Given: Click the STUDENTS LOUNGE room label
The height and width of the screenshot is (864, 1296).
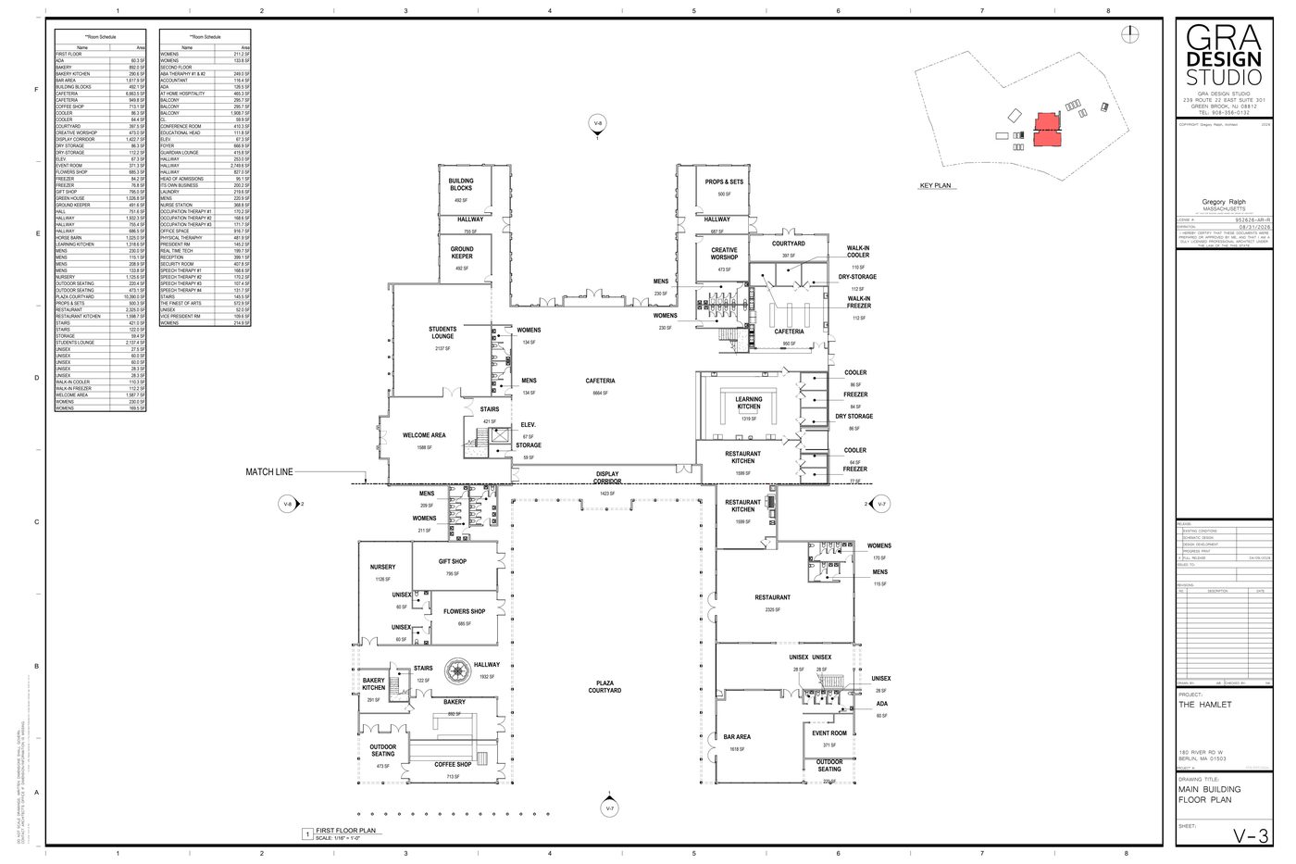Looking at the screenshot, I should (x=442, y=332).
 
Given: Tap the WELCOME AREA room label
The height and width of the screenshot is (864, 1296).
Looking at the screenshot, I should (x=424, y=435).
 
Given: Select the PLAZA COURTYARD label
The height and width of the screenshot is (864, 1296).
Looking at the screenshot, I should (x=607, y=687).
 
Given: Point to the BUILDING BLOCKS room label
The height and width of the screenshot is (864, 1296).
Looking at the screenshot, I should (x=462, y=183).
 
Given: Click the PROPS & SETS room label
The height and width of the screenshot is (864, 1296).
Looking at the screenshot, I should (x=724, y=182).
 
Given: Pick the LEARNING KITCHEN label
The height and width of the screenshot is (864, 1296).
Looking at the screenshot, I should (x=749, y=404).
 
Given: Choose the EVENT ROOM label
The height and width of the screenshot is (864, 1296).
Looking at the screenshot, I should (x=829, y=733).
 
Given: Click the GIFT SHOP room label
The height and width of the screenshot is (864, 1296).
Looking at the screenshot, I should (x=453, y=562).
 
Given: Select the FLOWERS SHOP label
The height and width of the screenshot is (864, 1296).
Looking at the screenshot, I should (x=464, y=611).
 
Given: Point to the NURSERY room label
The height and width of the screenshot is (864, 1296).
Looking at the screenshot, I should (x=382, y=567).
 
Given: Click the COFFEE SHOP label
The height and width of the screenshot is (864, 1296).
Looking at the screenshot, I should (x=453, y=765).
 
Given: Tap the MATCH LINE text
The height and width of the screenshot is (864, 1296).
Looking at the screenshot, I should (x=268, y=472).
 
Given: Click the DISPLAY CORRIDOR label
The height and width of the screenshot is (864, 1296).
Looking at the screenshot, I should (x=607, y=478).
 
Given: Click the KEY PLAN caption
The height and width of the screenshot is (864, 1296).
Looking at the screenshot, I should (x=935, y=186).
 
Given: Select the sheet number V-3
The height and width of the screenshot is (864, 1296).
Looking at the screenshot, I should (x=1252, y=836).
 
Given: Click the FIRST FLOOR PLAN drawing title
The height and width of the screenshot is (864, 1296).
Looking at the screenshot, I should (x=345, y=832).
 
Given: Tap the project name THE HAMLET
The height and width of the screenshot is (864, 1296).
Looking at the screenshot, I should (x=1206, y=705).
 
